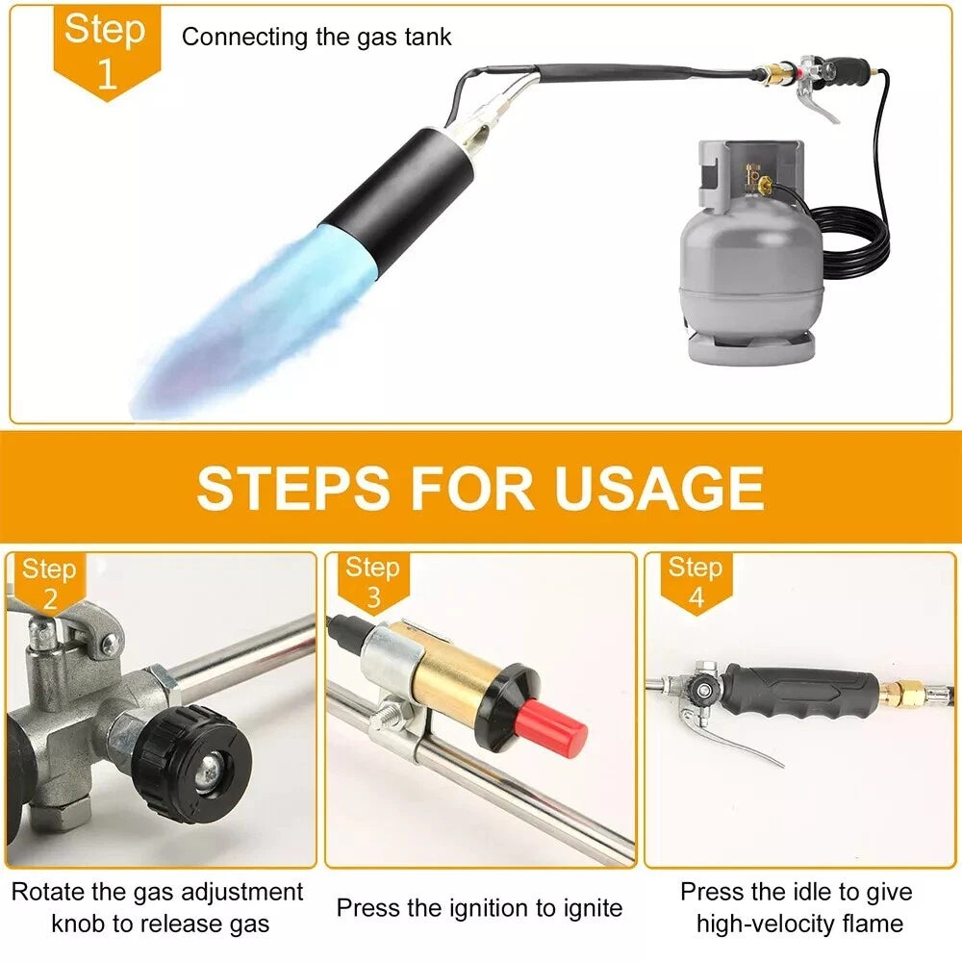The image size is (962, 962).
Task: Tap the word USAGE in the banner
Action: click(660, 488)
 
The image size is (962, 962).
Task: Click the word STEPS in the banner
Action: click(293, 488)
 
